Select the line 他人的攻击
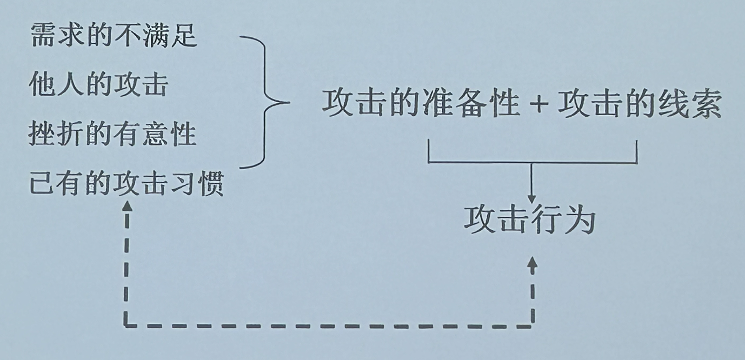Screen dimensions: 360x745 coord(98,85)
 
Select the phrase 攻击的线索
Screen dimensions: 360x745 coord(640,104)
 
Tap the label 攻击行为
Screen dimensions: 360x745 coord(530,221)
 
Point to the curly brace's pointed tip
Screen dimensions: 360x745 coord(287,102)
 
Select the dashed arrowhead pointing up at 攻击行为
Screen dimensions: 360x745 coord(533,263)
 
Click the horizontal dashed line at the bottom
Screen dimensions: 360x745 coord(324,325)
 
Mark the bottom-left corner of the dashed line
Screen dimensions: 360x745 coord(127,325)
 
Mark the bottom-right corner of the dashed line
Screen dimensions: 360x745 coord(533,325)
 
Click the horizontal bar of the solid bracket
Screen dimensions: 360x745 coord(532,162)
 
